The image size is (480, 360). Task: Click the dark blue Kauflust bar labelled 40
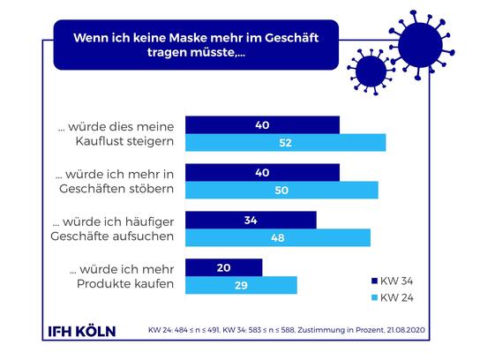pyautogui.click(x=262, y=125)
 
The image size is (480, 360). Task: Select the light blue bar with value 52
pyautogui.click(x=285, y=142)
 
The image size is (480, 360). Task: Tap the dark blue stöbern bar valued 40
pyautogui.click(x=262, y=172)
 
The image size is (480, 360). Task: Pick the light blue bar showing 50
pyautogui.click(x=281, y=190)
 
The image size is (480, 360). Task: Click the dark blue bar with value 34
pyautogui.click(x=251, y=220)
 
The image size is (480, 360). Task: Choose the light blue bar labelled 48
pyautogui.click(x=277, y=237)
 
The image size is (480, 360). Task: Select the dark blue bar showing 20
pyautogui.click(x=223, y=267)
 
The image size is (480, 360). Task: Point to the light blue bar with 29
pyautogui.click(x=241, y=284)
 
